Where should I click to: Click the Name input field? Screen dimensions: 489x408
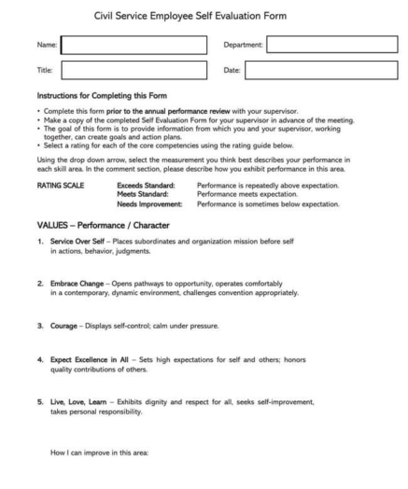134,45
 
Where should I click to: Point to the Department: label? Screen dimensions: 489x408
244,45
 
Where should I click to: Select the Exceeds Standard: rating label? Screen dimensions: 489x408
143,186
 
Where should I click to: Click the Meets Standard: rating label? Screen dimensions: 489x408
141,194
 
